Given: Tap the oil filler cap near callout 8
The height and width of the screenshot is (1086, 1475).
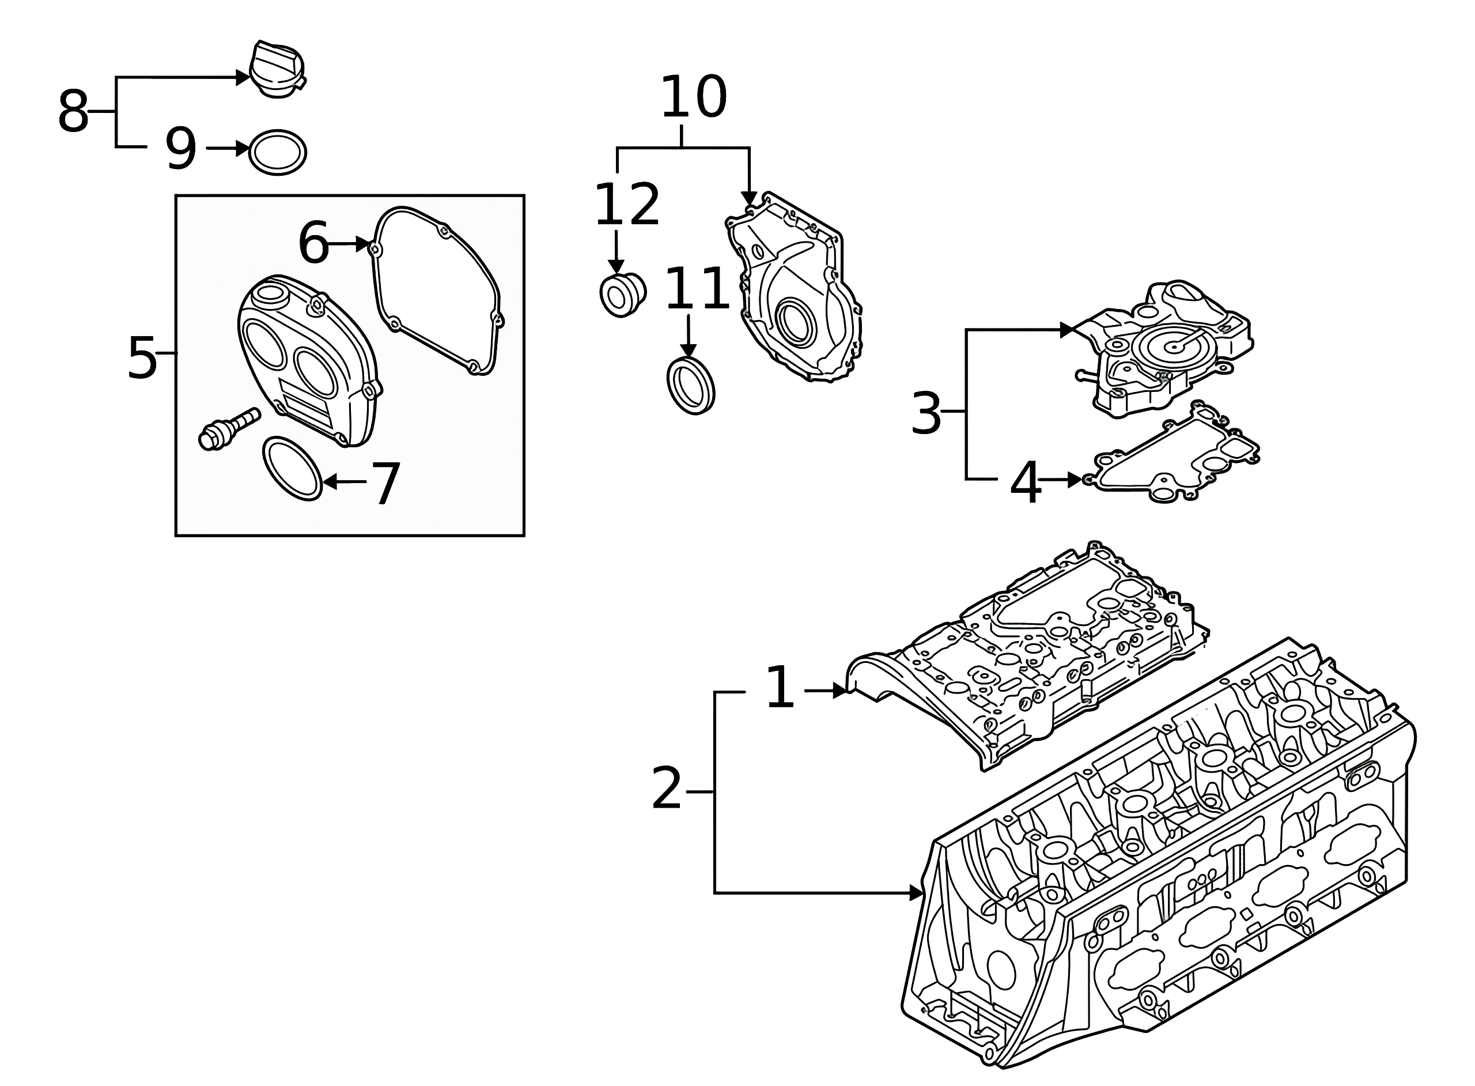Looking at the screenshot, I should pos(278,71).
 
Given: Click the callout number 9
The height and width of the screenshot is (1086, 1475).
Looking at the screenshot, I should pos(181,149).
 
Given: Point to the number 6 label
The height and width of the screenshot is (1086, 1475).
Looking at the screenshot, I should pos(313,243).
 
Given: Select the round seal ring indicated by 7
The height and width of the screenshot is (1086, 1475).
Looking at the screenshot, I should pos(292,468).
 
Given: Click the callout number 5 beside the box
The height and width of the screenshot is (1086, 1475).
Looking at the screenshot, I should pos(142,357).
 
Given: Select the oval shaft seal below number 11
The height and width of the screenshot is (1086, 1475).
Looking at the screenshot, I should pos(690,385).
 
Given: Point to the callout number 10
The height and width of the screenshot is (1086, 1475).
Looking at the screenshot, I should pos(693,97).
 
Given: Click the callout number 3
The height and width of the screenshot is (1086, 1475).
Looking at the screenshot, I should pos(926,413).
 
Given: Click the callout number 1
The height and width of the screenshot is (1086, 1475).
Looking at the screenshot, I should pos(780,687).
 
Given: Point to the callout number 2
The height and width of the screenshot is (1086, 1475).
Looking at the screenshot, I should pos(667,789).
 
